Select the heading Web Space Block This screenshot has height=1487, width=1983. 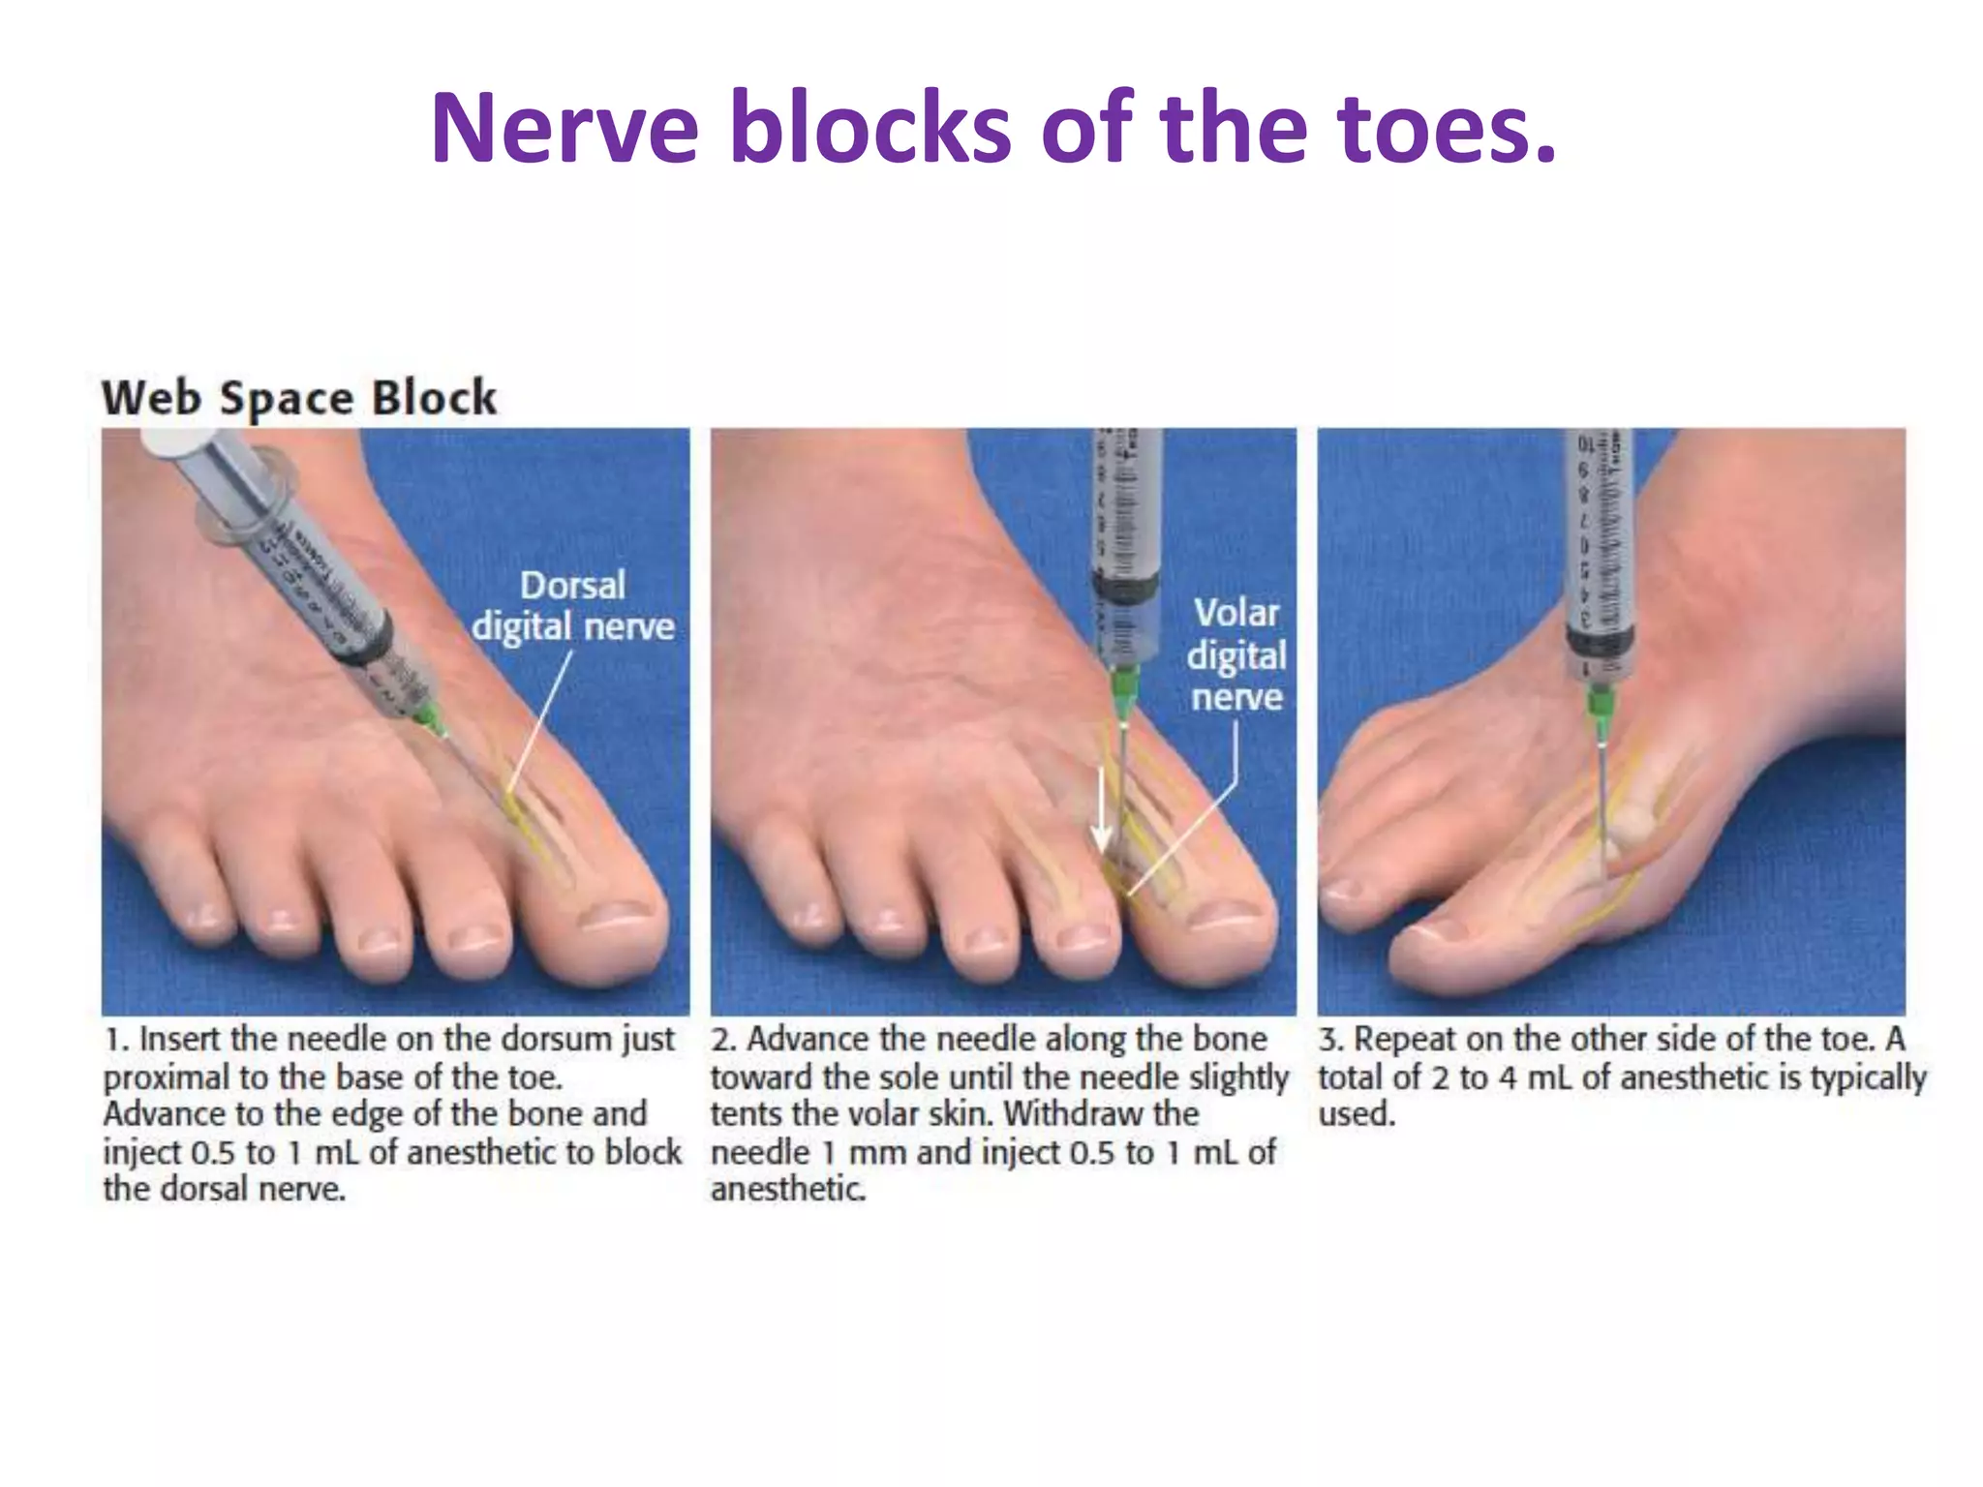coord(299,398)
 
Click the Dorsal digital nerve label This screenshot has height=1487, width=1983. coord(573,606)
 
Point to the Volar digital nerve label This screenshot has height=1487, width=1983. coord(1236,654)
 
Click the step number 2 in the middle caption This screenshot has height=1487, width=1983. coord(722,1040)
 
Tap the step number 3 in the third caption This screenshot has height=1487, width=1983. coord(1329,1040)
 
